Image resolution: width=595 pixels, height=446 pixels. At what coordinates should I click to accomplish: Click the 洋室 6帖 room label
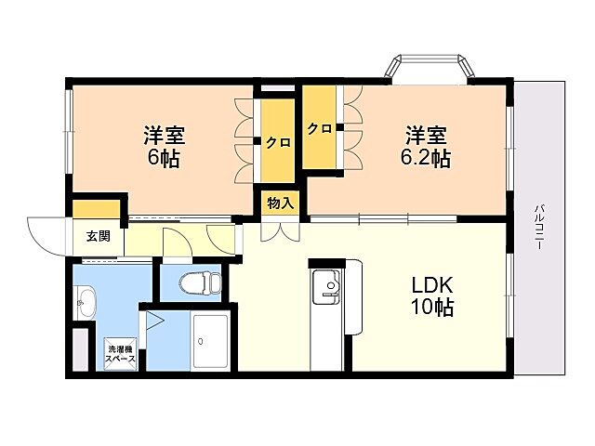pos(164,146)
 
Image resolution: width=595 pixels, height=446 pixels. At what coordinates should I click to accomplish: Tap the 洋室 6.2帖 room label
pos(424,146)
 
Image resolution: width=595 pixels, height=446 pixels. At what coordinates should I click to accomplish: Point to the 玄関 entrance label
pos(99,236)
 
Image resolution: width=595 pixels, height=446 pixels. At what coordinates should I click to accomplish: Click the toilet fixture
pos(192,282)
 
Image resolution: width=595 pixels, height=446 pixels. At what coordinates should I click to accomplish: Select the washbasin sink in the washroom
pos(86,300)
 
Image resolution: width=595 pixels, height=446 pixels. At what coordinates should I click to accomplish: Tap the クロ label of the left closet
pos(276,142)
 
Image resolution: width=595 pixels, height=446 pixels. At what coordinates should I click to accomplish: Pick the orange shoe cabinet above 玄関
pos(97,208)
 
